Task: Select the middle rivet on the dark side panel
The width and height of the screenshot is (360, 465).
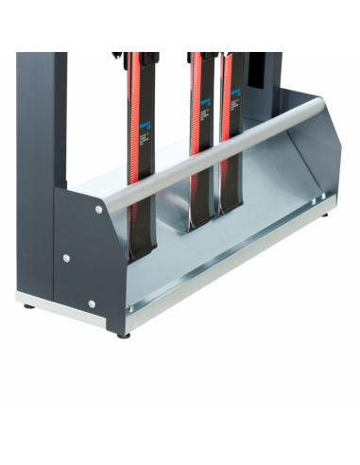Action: click(x=66, y=257)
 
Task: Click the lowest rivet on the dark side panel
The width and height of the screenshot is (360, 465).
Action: click(x=92, y=303)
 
